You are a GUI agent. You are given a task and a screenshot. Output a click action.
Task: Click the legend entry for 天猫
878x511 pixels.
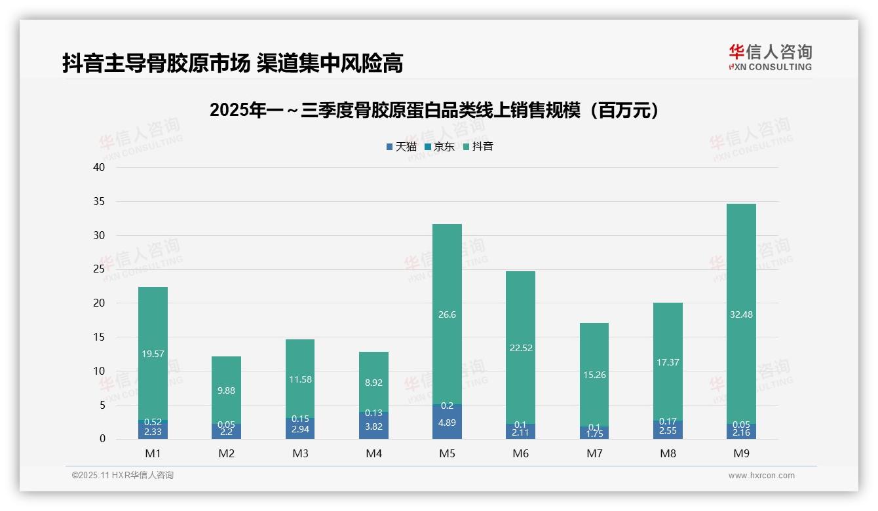401,147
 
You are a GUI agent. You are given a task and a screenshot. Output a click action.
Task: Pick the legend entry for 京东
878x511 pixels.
439,147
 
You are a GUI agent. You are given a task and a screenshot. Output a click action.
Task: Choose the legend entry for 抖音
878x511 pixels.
478,147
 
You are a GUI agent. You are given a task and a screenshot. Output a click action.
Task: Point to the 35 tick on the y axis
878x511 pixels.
98,202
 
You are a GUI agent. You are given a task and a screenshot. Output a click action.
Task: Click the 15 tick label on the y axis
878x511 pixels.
98,337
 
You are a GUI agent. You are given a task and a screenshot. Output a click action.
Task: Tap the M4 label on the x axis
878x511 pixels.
373,453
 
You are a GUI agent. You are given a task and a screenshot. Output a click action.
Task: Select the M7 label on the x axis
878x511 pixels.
594,453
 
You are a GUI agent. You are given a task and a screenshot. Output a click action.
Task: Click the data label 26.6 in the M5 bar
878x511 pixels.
447,314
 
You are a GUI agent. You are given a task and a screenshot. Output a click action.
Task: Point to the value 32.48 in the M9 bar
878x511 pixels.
741,314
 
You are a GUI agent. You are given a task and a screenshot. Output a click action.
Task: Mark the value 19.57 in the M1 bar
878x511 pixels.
153,354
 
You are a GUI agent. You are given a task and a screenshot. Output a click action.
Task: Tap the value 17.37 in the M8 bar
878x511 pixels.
668,362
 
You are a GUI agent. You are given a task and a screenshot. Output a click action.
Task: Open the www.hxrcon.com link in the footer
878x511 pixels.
761,476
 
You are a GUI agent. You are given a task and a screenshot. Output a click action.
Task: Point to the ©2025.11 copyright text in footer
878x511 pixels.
123,476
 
